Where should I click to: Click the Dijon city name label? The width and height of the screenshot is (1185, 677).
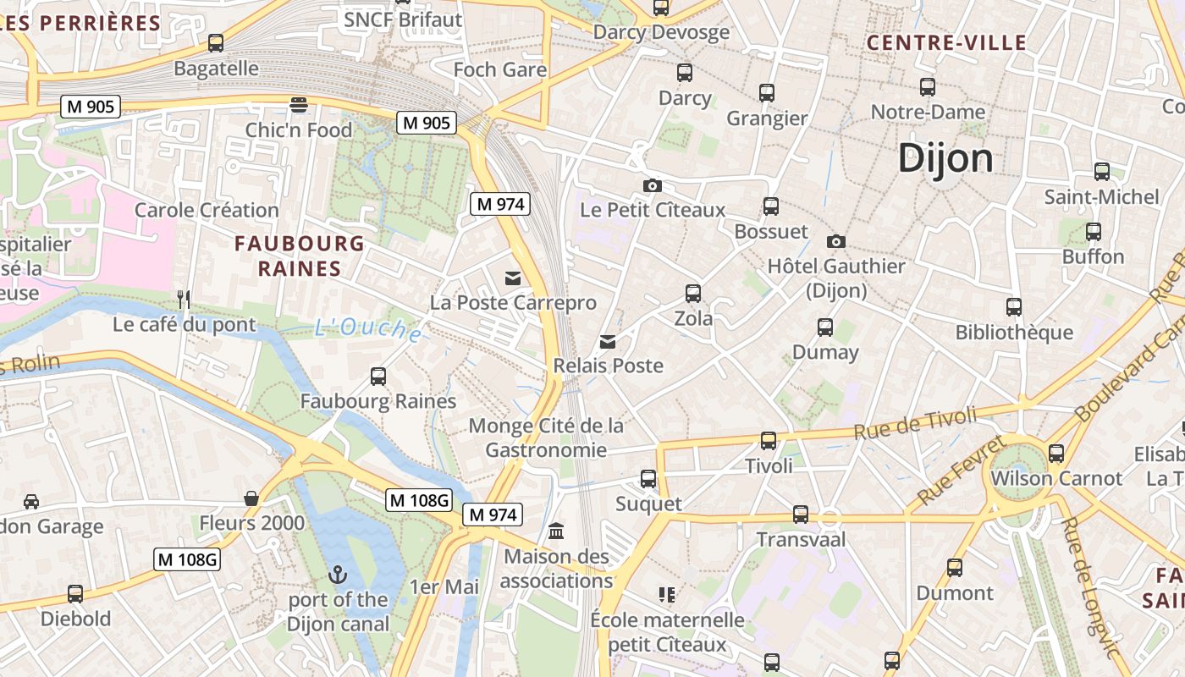coord(945,158)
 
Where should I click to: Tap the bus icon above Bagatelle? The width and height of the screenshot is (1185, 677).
coord(216,43)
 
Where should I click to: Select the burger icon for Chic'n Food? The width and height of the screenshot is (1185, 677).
coord(298,105)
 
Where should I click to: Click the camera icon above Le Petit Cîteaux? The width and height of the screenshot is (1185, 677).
coord(652,185)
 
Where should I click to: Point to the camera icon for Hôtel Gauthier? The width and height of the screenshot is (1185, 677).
coord(835,241)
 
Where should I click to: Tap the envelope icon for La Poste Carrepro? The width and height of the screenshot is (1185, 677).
coord(513,278)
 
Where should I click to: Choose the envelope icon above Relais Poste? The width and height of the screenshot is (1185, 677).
coord(608,342)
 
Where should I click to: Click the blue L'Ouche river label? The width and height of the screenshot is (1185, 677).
coord(368,329)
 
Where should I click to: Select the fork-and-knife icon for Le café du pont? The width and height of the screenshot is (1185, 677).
coord(184,299)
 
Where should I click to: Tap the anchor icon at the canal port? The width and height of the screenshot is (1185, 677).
coord(338,575)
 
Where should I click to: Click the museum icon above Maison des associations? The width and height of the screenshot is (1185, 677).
coord(556,531)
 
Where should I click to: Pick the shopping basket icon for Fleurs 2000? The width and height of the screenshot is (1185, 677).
coord(251,498)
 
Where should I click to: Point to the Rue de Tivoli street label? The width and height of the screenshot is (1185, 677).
coord(915,422)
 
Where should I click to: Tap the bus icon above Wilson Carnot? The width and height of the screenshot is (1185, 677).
coord(1055,453)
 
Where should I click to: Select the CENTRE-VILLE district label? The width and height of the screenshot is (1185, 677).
coord(946,43)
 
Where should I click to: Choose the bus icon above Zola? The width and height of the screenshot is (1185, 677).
coord(693,294)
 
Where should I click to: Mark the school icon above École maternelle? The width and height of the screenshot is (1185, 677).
coord(667,594)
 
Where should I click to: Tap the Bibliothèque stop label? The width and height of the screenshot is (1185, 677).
coord(1014,333)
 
